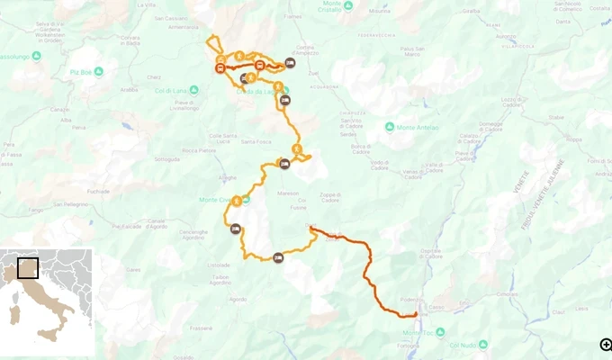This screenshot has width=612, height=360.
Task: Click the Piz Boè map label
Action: (81, 71)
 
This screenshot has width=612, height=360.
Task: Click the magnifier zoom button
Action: (606, 344)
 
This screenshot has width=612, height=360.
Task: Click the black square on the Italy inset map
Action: (28, 268)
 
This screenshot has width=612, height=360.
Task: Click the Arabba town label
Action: (130, 90)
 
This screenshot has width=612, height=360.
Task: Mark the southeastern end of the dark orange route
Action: (416, 315)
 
